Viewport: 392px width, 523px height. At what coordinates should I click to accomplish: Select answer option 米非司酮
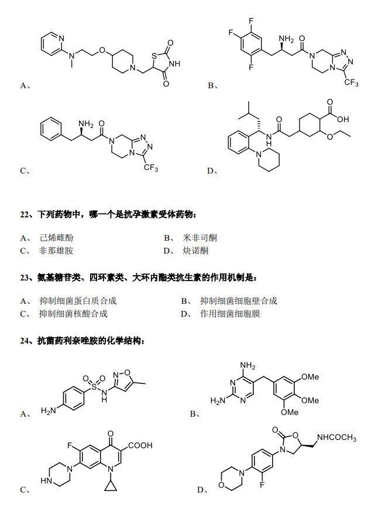(x=200, y=238)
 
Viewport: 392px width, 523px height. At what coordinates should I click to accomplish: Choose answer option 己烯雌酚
(x=56, y=238)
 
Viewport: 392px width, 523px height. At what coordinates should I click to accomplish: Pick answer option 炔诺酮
(x=195, y=251)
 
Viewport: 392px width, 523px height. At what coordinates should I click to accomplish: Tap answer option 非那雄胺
(x=56, y=251)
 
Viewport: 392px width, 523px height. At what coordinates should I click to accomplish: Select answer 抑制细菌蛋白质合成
(x=78, y=301)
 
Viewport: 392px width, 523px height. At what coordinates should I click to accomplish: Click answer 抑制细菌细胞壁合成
(x=239, y=301)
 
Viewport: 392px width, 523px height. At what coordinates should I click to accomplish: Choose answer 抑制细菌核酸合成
(x=74, y=314)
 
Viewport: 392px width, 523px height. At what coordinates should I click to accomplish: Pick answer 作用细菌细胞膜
(x=230, y=314)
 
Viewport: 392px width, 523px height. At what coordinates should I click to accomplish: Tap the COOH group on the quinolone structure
(x=140, y=445)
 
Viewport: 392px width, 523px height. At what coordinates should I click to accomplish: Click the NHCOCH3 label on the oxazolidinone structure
(x=336, y=437)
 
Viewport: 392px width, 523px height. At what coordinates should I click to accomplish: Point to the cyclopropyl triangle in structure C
(x=111, y=487)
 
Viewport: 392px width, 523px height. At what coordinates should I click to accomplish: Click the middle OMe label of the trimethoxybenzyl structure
(x=310, y=400)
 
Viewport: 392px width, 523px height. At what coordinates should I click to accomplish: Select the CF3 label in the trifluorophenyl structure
(x=352, y=82)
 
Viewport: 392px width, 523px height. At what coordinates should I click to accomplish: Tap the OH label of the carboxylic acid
(x=343, y=119)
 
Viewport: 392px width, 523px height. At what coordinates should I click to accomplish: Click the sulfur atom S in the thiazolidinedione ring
(x=154, y=56)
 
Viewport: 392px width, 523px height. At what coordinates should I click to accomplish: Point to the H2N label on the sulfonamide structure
(x=49, y=411)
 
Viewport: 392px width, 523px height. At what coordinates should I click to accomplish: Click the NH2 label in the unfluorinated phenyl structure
(x=86, y=124)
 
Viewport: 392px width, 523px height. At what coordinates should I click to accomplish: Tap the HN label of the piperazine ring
(x=46, y=481)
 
